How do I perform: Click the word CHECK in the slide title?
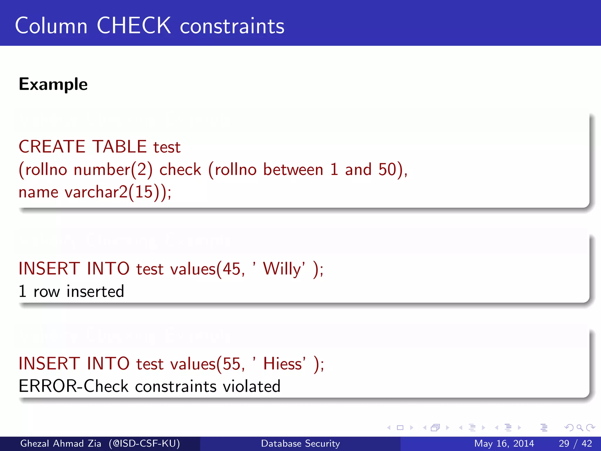tap(134, 26)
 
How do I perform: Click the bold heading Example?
tap(53, 84)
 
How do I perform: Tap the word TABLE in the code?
tap(119, 147)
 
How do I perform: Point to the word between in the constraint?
tap(293, 169)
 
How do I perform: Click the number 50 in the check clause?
tap(387, 169)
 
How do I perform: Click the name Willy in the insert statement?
tap(282, 269)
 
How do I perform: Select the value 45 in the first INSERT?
tap(232, 269)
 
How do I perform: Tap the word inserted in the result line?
tap(95, 292)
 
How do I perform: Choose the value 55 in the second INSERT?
tap(232, 364)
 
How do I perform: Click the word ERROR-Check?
tap(74, 386)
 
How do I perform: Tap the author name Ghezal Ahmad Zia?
tap(60, 443)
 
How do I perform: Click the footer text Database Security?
tap(300, 443)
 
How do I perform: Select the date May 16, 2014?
tap(504, 443)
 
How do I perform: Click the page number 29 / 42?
tap(575, 443)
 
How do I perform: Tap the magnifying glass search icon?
tap(580, 428)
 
